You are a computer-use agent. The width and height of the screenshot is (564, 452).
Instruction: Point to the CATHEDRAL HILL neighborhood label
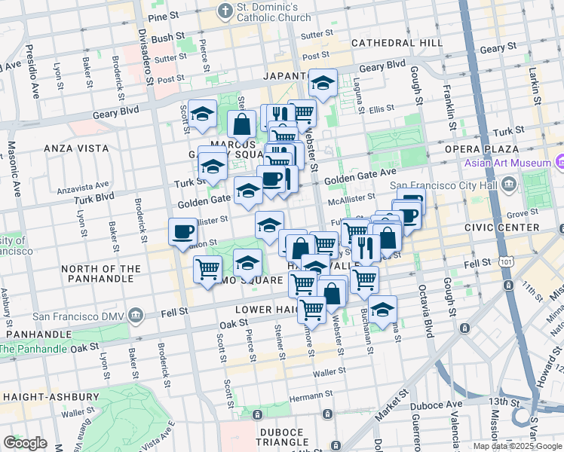point(397,43)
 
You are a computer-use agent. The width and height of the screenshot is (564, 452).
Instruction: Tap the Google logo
point(25,443)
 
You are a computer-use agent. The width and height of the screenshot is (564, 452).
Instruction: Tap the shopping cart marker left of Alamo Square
point(207,269)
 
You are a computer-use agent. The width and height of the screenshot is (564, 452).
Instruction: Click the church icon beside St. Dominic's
point(224,11)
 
